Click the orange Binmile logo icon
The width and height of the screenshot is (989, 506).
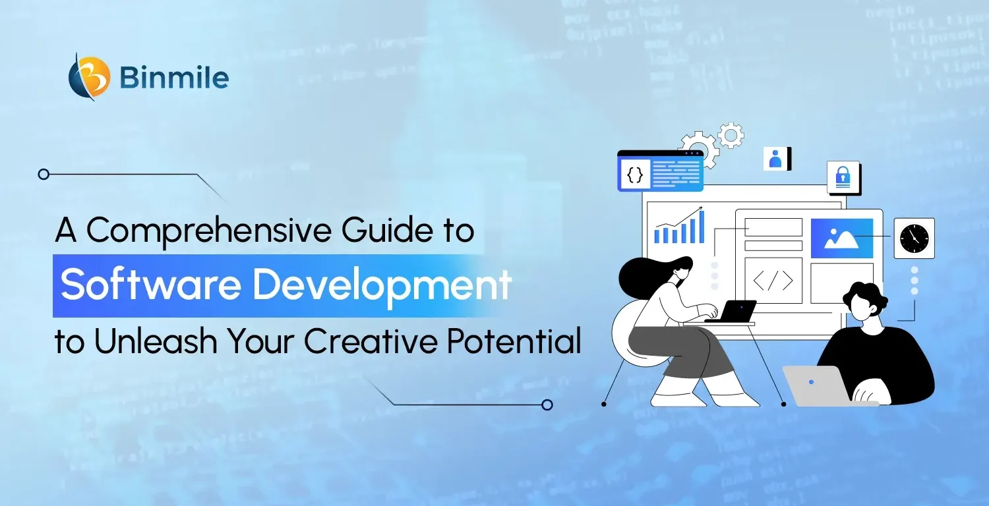pos(90,76)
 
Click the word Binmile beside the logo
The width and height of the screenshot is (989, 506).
pos(174,78)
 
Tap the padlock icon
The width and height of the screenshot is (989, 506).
pos(843,177)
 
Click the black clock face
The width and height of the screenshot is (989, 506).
pos(913,238)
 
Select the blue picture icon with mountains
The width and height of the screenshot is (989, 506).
pos(841,239)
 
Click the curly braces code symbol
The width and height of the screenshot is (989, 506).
pos(634,175)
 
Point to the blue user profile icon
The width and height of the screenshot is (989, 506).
pos(775,159)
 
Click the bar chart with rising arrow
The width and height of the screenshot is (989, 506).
pos(679,226)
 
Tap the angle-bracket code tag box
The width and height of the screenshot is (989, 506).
pos(773,280)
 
